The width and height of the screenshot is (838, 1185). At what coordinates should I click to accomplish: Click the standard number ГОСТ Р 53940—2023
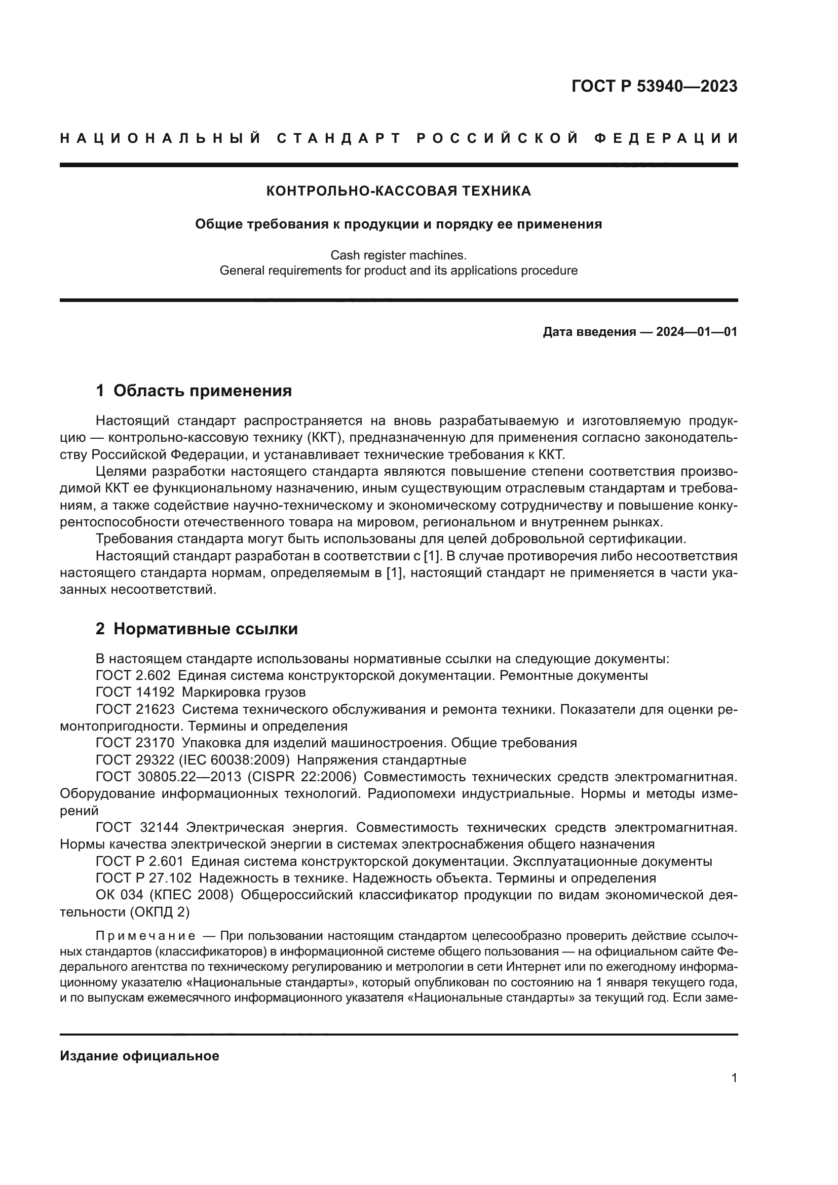pos(654,86)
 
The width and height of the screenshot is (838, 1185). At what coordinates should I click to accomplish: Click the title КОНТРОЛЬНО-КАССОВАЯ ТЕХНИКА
pos(398,191)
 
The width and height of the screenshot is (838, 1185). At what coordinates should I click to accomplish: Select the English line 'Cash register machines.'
pos(398,255)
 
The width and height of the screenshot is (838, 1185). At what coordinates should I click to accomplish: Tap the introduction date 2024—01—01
pos(696,332)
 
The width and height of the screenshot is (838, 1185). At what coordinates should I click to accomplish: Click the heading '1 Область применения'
pos(194,391)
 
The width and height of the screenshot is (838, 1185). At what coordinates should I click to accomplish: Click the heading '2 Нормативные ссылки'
pos(197,629)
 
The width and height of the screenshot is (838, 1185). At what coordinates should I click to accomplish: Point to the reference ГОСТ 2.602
pos(133,676)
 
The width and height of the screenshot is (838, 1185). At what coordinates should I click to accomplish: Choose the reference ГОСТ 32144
pos(137,827)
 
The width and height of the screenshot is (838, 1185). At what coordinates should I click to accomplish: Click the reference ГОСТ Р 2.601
pos(140,861)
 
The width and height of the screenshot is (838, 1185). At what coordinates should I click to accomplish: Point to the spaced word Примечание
pos(145,936)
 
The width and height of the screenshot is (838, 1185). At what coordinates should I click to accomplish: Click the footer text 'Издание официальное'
pos(139,1056)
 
